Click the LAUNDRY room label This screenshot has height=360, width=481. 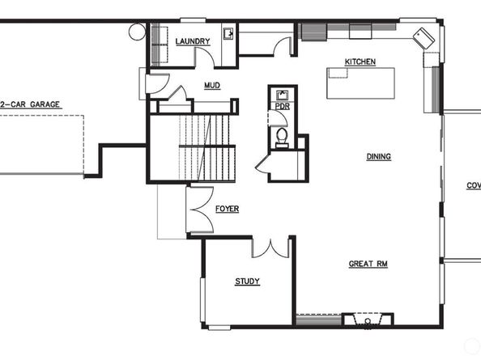point(192,41)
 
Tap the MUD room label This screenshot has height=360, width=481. point(212,85)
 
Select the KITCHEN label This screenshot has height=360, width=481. point(360,62)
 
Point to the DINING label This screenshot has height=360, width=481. point(378,157)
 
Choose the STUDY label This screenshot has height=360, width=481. point(247,282)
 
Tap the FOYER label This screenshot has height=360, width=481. point(227,209)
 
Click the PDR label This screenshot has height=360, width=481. point(283,105)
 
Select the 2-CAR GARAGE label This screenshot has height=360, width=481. point(31,104)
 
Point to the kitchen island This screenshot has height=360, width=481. point(362,83)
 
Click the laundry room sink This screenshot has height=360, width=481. point(229,34)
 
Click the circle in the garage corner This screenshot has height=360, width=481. point(136,32)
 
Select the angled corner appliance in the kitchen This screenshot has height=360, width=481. point(424,38)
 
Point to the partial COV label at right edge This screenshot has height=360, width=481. point(473,185)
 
